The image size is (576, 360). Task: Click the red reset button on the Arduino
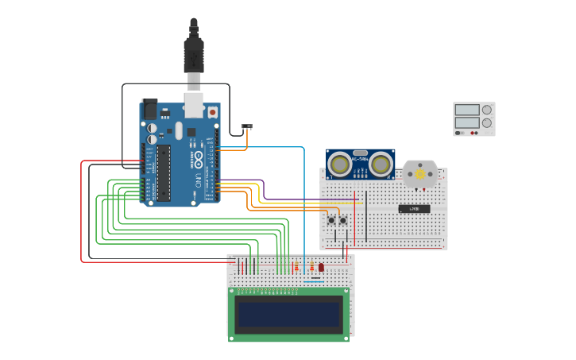(212, 114)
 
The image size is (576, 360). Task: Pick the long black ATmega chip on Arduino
(163, 172)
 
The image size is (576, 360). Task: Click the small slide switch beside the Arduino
(246, 127)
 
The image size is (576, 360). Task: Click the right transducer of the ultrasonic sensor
(381, 165)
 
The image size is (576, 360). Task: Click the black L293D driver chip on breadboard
(414, 209)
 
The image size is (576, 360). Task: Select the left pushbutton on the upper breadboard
(331, 220)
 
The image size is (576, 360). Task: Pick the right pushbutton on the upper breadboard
(343, 220)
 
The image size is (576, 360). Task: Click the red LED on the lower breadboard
(321, 268)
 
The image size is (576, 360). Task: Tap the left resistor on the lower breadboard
(296, 267)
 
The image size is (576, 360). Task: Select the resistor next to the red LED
(311, 267)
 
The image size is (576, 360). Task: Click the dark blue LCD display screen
(288, 315)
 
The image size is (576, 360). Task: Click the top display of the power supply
(467, 110)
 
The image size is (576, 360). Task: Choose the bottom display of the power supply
(467, 122)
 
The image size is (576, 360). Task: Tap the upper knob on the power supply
(486, 110)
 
